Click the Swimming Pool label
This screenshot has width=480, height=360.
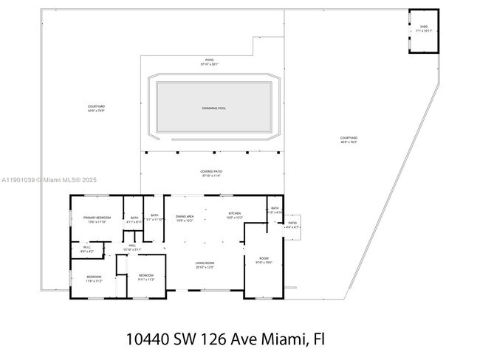point(214,108)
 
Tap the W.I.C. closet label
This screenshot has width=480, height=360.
point(86,250)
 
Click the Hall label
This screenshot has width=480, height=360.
point(132,247)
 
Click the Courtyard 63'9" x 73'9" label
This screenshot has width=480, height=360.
point(96,108)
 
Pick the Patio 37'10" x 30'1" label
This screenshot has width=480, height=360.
point(210,62)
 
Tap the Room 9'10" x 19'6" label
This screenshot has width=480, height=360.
point(264,260)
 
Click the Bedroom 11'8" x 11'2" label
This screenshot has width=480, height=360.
point(95,279)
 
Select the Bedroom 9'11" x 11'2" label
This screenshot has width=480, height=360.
point(146,277)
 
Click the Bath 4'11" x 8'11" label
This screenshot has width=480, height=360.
point(134,219)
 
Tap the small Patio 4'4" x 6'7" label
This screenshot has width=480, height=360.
point(292,225)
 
